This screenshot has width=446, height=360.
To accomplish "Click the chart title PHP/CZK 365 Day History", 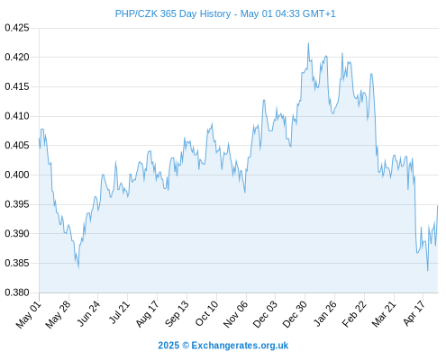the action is [173, 13].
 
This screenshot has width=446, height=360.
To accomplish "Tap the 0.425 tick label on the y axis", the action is [17, 28].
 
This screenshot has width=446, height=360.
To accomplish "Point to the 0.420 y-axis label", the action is [17, 57].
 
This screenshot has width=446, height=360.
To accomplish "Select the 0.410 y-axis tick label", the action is [17, 116].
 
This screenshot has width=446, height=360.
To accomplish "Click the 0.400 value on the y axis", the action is [17, 175].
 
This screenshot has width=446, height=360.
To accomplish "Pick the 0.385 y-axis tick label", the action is [17, 263].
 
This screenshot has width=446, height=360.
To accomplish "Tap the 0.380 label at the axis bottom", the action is [17, 292].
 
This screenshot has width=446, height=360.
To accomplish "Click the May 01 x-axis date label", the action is [29, 315].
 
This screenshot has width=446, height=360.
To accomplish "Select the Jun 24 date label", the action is [88, 313].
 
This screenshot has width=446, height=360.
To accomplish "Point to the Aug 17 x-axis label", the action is [147, 314].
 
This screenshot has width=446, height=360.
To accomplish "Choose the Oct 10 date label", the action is [206, 314].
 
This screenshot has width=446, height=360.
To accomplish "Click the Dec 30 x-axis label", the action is [295, 314].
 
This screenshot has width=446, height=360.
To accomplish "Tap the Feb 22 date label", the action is [354, 314].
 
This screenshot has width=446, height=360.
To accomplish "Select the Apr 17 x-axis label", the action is [414, 313].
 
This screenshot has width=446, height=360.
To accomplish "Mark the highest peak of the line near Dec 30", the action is [308, 43].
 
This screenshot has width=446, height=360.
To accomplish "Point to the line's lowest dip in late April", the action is [428, 271].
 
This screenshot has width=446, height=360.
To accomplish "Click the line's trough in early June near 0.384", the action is [78, 268].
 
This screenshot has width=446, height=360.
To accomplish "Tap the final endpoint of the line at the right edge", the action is [438, 205].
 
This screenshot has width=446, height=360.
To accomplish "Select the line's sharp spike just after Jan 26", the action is [342, 53].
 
